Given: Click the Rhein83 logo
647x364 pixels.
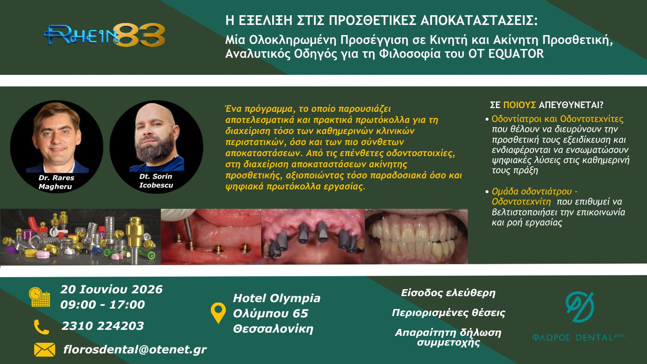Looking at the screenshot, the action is (x=104, y=36).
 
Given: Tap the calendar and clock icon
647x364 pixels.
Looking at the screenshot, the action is (x=40, y=297).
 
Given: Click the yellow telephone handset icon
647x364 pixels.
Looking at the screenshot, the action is (x=42, y=327).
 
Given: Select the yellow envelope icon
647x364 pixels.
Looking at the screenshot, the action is (x=44, y=350).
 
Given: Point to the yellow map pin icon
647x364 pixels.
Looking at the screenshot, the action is (x=218, y=313).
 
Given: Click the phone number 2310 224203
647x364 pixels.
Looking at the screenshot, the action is (x=103, y=326).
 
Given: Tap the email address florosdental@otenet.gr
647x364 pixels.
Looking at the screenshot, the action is (x=135, y=350).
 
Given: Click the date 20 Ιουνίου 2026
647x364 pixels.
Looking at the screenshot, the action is (x=111, y=289).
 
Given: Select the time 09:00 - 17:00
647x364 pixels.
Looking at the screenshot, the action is (x=103, y=304).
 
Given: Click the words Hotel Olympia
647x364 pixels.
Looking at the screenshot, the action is (x=277, y=298).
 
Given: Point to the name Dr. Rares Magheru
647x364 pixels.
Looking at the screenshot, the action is (x=56, y=182).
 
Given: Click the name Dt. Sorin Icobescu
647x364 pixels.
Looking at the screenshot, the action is (x=156, y=181).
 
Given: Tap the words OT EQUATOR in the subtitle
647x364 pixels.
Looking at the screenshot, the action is (x=506, y=54).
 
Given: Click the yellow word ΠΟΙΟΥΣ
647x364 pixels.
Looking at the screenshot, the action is (x=519, y=105).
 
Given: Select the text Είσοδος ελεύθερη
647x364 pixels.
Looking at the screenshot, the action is (x=448, y=293).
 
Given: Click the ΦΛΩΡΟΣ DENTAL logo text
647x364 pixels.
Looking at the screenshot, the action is (x=578, y=338).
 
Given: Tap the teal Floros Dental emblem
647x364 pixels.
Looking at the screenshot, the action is (x=580, y=307).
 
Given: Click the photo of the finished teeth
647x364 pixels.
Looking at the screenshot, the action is (x=416, y=237).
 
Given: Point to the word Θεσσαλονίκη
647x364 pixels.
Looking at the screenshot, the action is (x=273, y=329).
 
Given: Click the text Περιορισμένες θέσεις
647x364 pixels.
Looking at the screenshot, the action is (x=448, y=313).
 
